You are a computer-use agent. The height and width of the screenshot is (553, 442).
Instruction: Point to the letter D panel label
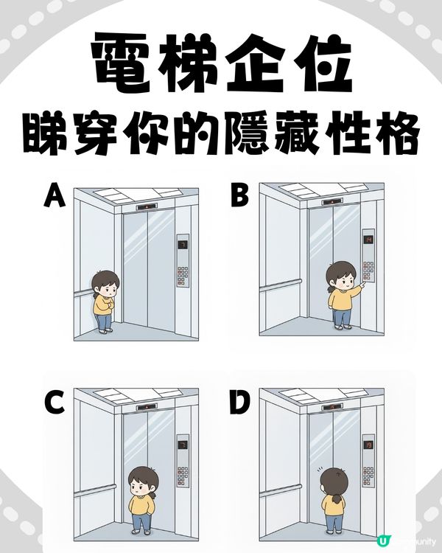[240, 405]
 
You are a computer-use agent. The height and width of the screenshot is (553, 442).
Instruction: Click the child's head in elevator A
[105, 282]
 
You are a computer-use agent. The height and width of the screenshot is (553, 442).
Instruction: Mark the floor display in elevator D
[366, 445]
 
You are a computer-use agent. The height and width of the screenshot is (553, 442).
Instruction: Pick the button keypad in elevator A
[182, 276]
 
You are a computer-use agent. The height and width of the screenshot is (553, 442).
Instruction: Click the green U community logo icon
[382, 541]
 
